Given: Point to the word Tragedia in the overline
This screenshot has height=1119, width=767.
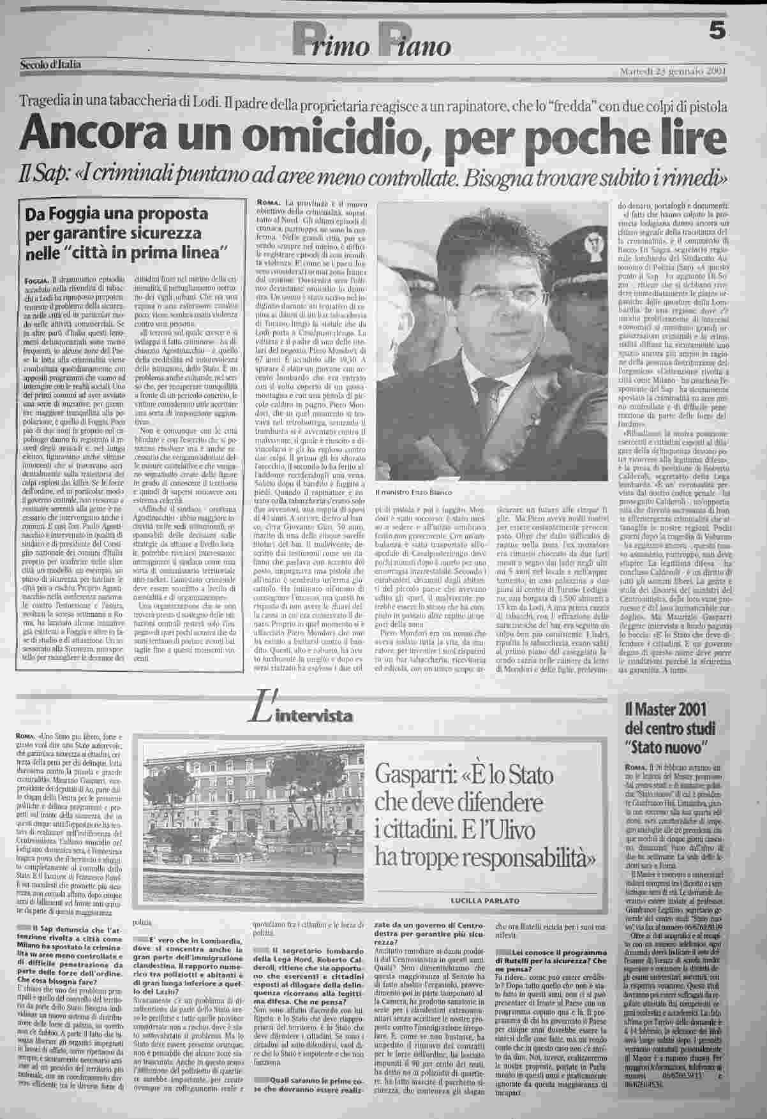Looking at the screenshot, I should [x=47, y=103].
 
